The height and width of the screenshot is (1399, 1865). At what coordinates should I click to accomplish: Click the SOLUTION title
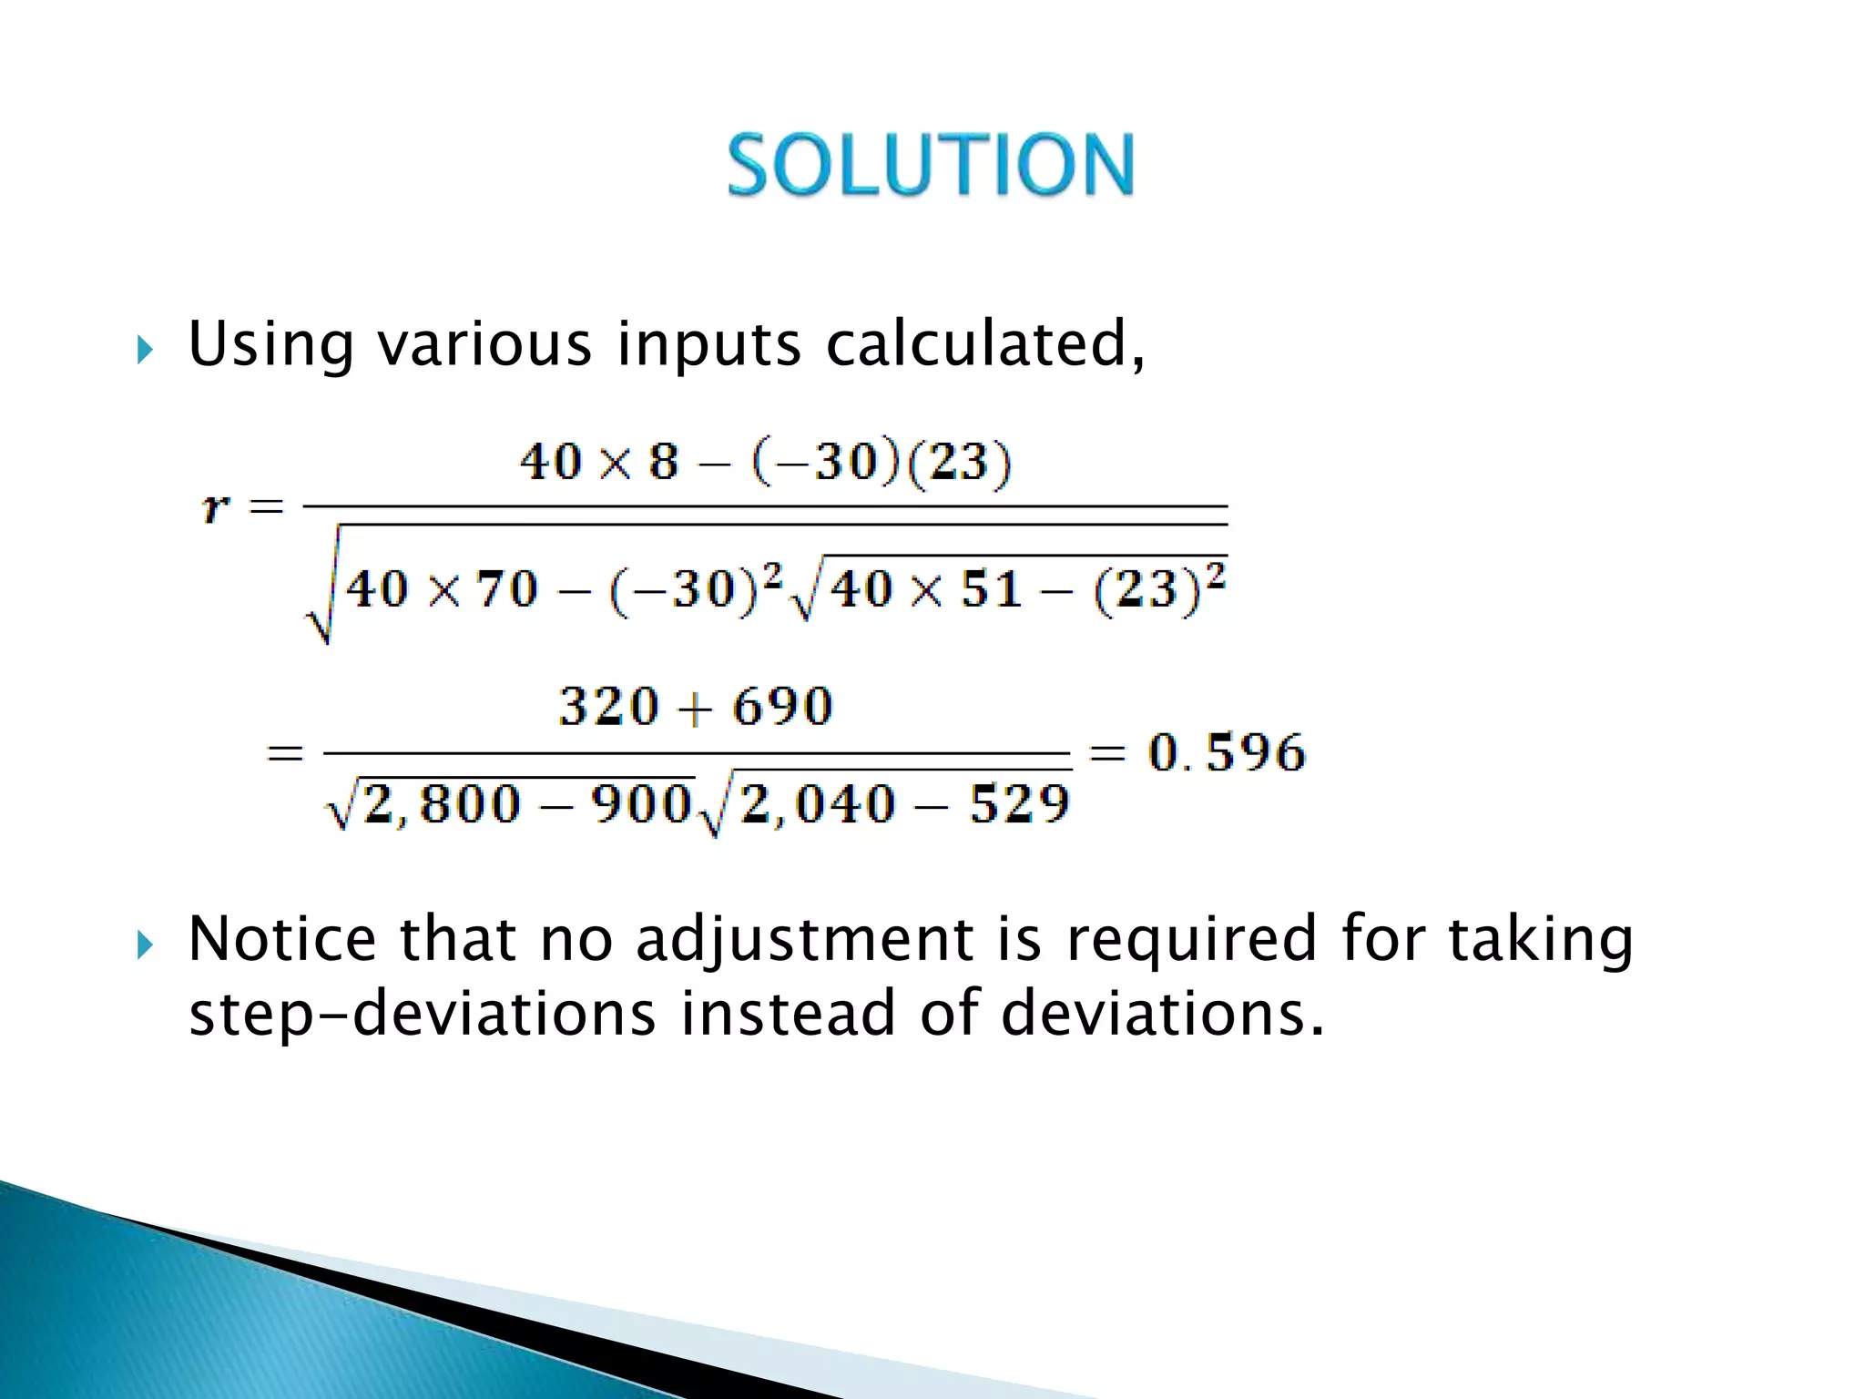point(931,165)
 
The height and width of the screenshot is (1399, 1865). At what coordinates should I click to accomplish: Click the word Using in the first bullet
point(270,346)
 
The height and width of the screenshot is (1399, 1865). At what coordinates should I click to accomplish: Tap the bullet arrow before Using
point(145,349)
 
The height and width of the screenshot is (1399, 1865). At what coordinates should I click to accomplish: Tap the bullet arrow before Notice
point(145,945)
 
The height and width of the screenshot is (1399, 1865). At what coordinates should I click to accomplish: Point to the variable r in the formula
point(216,505)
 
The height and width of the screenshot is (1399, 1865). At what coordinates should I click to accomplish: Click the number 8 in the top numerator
point(664,462)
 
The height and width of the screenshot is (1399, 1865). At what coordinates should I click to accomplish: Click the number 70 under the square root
point(507,589)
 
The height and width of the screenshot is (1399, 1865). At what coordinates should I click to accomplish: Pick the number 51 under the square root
point(991,589)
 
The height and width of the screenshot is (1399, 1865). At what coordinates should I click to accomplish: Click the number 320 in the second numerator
point(608,707)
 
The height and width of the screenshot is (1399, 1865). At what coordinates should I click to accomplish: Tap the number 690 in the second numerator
point(783,707)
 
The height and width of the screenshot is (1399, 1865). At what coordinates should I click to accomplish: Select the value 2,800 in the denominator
point(443,804)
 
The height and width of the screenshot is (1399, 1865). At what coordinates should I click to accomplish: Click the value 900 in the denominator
point(642,804)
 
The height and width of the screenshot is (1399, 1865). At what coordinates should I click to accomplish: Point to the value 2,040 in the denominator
point(818,804)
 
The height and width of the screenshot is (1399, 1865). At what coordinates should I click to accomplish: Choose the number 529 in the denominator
point(1019,804)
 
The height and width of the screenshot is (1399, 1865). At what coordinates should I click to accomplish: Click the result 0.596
point(1227,753)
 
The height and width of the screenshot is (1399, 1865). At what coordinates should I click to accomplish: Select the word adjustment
point(805,940)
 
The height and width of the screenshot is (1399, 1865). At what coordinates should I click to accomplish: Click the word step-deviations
point(422,1015)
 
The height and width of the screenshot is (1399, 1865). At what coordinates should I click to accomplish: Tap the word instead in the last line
point(788,1013)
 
